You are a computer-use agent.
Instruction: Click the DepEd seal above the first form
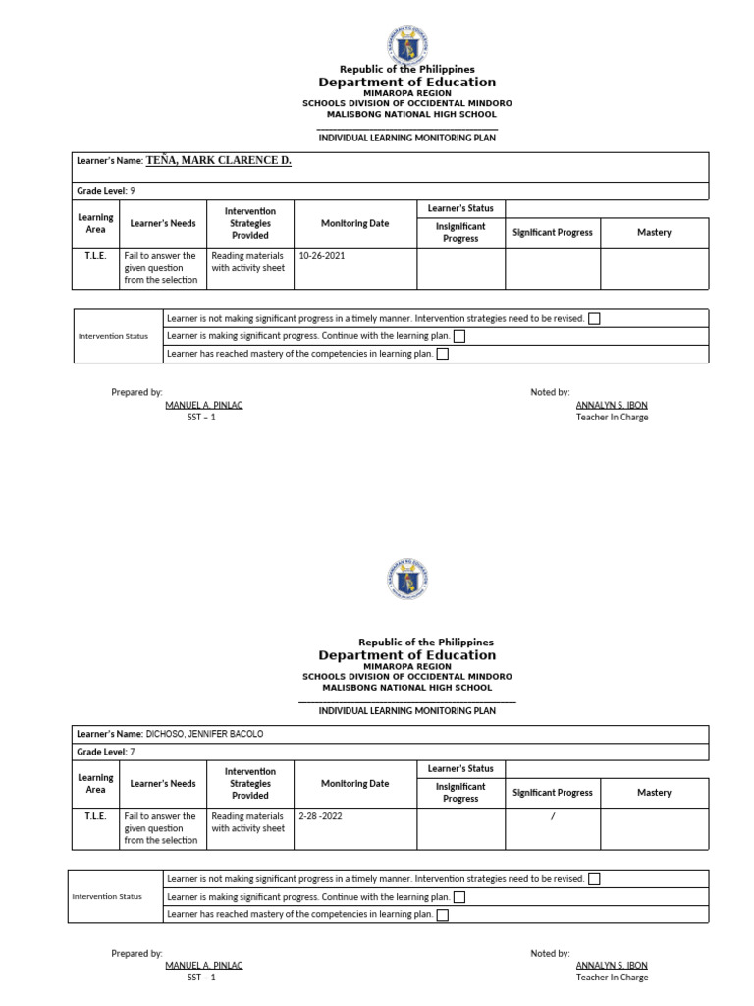pyautogui.click(x=406, y=44)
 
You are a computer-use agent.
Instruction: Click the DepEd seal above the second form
pyautogui.click(x=406, y=580)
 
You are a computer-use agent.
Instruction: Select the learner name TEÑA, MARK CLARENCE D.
pyautogui.click(x=218, y=160)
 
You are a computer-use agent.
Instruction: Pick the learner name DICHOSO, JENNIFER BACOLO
pyautogui.click(x=204, y=734)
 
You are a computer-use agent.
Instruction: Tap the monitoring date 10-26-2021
pyautogui.click(x=322, y=255)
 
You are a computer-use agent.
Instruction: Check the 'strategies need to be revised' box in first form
pyautogui.click(x=594, y=319)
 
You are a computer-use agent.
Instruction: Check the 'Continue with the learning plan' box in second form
pyautogui.click(x=459, y=897)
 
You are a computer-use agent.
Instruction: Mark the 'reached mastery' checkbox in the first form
pyautogui.click(x=442, y=354)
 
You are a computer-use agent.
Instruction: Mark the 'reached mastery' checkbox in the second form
pyautogui.click(x=442, y=915)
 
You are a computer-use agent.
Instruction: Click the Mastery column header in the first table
pyautogui.click(x=654, y=233)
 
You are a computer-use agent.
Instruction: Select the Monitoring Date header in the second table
pyautogui.click(x=354, y=784)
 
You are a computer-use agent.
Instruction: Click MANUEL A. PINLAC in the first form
pyautogui.click(x=203, y=405)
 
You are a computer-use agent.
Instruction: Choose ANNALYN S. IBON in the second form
pyautogui.click(x=612, y=965)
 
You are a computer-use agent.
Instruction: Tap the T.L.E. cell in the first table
pyautogui.click(x=95, y=255)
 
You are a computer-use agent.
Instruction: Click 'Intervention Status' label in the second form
pyautogui.click(x=107, y=896)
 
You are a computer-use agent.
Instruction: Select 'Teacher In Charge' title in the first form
pyautogui.click(x=612, y=418)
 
